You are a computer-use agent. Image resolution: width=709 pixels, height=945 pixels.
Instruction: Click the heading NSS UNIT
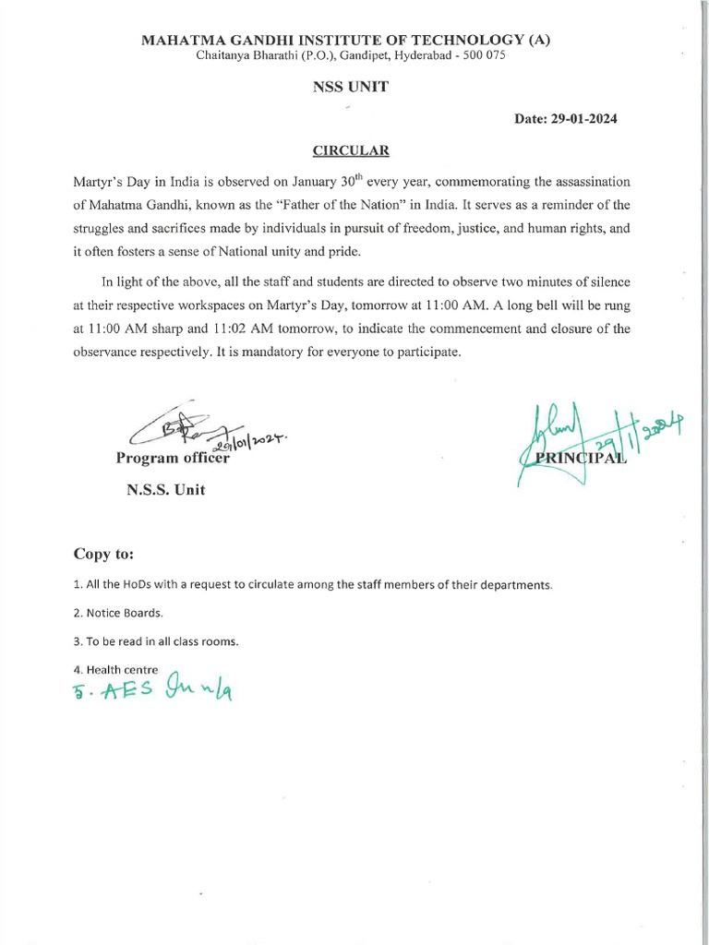pos(351,87)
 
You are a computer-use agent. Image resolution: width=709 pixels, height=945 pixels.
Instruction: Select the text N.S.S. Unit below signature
pos(165,490)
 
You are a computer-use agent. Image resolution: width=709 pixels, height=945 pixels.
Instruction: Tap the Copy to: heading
pos(104,554)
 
